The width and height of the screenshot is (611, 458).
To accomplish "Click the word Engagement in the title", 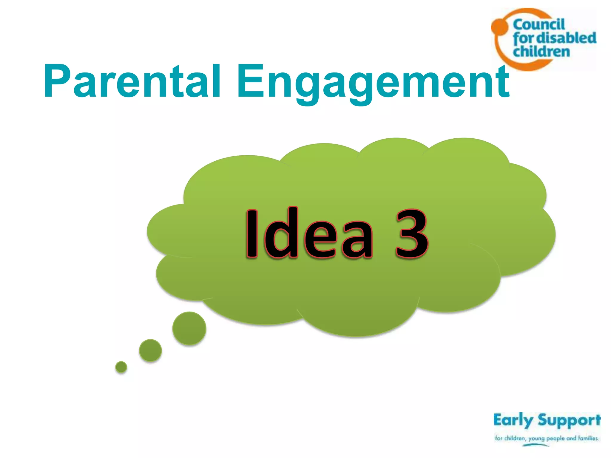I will [373, 82].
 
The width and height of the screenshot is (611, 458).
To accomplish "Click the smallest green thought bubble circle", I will [121, 367].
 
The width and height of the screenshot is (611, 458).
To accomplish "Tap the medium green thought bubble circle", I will [150, 350].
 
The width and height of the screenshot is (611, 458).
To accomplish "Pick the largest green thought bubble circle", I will [189, 328].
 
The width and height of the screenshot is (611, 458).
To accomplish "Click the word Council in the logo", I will [539, 24].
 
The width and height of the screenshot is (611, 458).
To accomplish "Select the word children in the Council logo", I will [541, 52].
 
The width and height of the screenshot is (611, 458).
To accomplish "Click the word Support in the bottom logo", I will [569, 420].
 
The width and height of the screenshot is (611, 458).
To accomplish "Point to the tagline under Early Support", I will [546, 438].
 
